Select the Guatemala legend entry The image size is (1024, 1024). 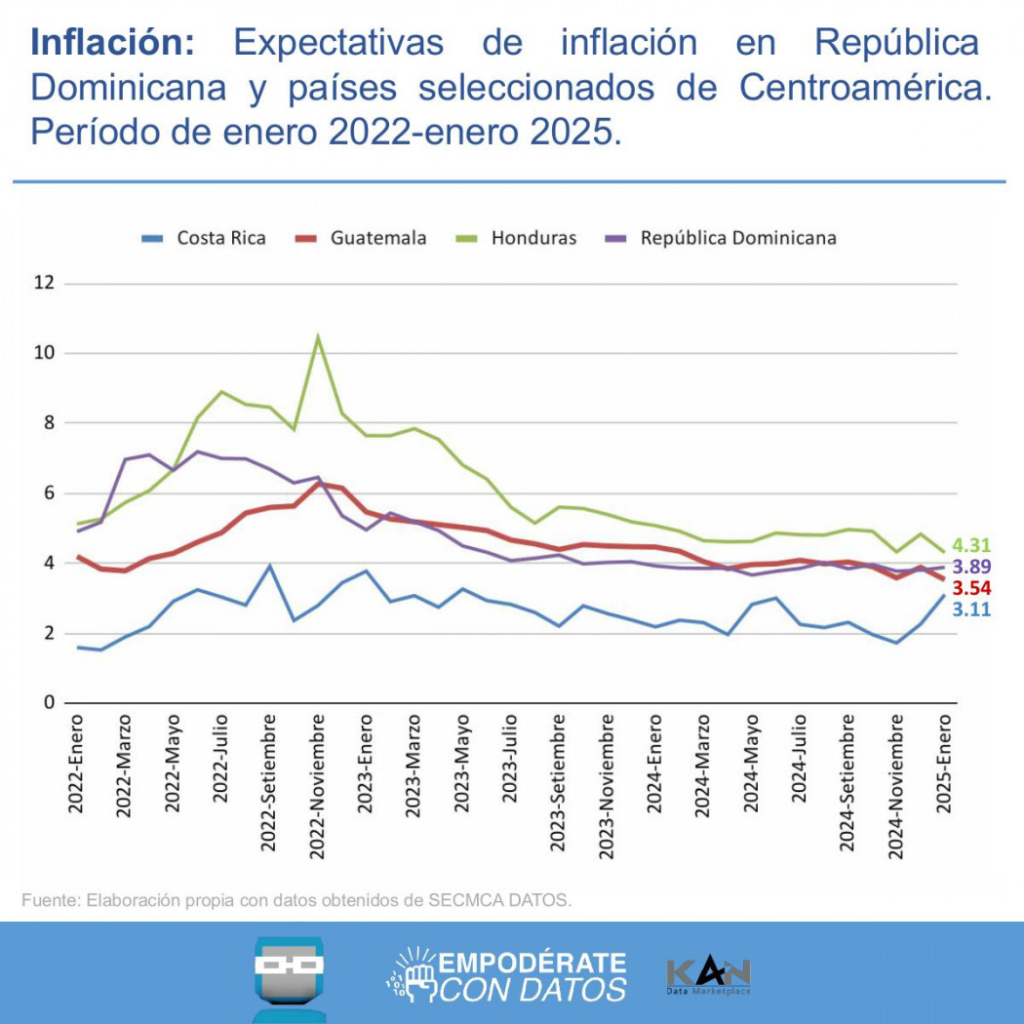coord(361,238)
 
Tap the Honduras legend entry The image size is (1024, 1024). coord(517,238)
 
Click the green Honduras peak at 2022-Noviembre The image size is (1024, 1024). coord(318,338)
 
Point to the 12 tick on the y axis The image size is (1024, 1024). coord(42,283)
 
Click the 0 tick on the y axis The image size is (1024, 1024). coord(47,703)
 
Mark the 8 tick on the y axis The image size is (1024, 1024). coord(47,423)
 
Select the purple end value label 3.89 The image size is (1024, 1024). coord(971,567)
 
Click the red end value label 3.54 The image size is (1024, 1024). coord(971,588)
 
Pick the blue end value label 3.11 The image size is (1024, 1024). coord(971,610)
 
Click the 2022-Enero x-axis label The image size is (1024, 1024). coord(76,765)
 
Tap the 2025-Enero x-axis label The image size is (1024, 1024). coord(943,765)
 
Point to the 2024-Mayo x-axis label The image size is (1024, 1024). coord(751,765)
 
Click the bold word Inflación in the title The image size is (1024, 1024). coord(113,43)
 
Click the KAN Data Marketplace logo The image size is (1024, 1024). coord(708,976)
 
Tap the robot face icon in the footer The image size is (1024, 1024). coord(289,975)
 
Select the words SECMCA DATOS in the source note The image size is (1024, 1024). coord(498,900)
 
